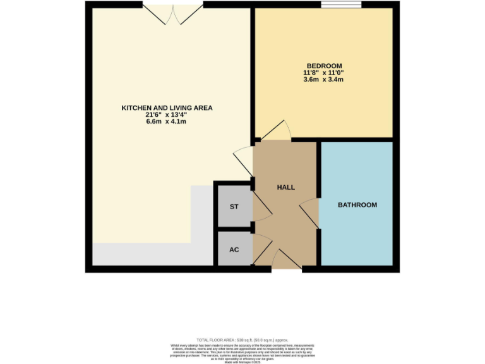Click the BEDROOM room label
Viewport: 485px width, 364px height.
(x=324, y=66)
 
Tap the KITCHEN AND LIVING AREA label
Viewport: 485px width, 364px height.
(x=167, y=108)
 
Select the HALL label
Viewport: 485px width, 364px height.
(x=285, y=187)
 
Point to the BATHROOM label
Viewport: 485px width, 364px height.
(x=357, y=205)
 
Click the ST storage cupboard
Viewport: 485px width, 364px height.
(x=234, y=207)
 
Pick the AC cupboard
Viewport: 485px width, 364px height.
(x=234, y=250)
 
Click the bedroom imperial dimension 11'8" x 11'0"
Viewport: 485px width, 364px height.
(x=324, y=73)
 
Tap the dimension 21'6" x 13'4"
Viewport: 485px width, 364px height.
(x=167, y=116)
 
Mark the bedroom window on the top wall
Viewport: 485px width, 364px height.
(x=341, y=6)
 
